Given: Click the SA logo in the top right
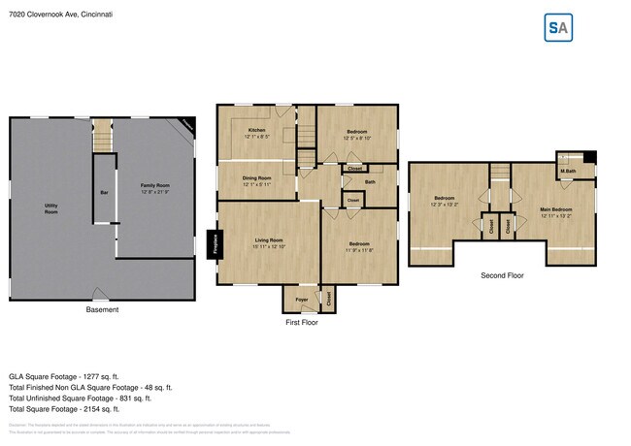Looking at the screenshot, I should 557,28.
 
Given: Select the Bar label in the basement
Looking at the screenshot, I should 104,192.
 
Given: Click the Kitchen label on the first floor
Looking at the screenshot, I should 256,130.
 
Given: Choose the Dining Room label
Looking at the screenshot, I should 256,178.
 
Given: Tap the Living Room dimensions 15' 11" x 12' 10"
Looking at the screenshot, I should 269,246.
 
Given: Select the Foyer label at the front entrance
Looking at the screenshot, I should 302,300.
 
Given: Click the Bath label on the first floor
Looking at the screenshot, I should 370,181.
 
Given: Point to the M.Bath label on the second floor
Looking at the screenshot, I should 568,173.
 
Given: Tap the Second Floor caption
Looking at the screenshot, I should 502,275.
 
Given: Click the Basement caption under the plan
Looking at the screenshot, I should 102,310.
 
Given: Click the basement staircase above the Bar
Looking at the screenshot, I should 103,142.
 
